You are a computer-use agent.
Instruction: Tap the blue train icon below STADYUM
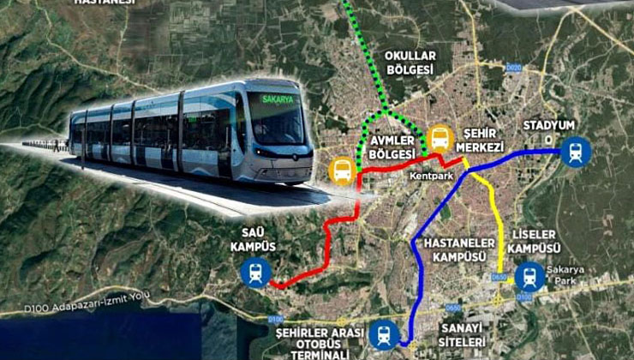pyautogui.click(x=577, y=152)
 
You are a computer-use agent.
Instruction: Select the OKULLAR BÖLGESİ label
pyautogui.click(x=410, y=63)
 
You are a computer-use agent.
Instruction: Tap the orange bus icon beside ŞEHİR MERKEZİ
pyautogui.click(x=440, y=137)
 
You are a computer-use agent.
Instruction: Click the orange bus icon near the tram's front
pyautogui.click(x=342, y=171)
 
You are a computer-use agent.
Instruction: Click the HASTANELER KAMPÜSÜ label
pyautogui.click(x=454, y=249)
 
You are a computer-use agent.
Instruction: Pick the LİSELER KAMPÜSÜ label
pyautogui.click(x=533, y=241)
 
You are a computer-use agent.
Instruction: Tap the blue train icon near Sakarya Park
pyautogui.click(x=529, y=276)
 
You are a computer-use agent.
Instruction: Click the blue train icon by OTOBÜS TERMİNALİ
pyautogui.click(x=383, y=333)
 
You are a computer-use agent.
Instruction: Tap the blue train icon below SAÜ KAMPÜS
pyautogui.click(x=255, y=273)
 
